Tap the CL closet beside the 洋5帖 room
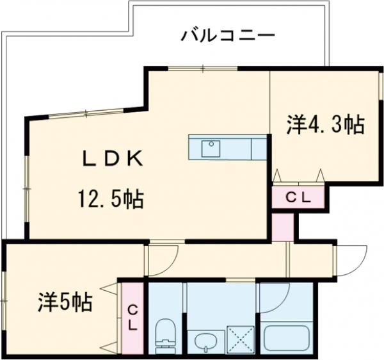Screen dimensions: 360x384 click(132, 317)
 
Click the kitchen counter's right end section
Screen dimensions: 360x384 click(259, 148)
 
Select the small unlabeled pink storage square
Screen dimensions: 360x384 click(282, 225)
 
